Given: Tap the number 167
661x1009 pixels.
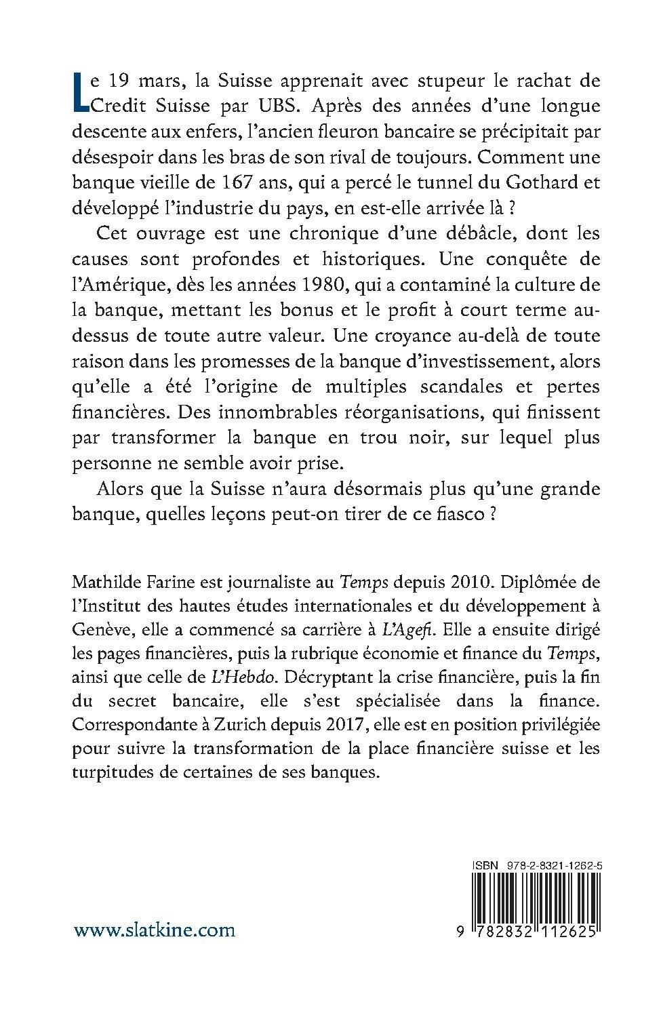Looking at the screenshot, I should [x=227, y=182].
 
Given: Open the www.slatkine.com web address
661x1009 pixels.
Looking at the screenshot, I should [x=155, y=930].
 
